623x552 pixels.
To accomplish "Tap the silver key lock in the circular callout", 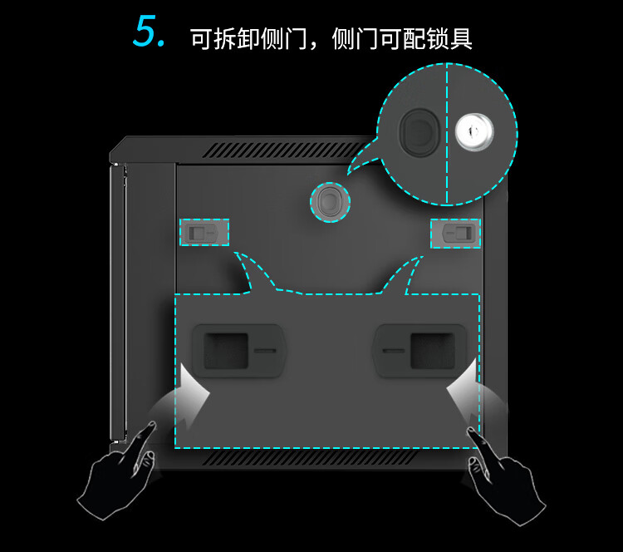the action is (x=474, y=131).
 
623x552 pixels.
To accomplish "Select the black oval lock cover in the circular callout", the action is (x=419, y=131).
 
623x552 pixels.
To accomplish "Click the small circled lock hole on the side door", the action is (x=330, y=202).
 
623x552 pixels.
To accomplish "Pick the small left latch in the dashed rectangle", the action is (x=204, y=232).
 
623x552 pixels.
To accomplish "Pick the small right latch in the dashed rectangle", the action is (x=457, y=233).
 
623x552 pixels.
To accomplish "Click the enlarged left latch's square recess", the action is (x=226, y=351).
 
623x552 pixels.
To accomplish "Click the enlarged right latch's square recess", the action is (x=433, y=351).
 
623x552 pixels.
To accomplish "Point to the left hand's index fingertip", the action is (x=153, y=424).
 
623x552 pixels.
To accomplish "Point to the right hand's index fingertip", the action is (x=471, y=431).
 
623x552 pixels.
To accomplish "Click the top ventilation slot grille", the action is (x=283, y=150).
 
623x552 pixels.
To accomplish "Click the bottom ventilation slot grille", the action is (x=310, y=458).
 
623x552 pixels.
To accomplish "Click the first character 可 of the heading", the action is (x=202, y=38).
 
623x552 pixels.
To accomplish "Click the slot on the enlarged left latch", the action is (x=265, y=351).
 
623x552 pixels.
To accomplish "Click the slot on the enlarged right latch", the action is (x=394, y=351).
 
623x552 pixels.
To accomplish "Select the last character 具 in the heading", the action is (x=461, y=38).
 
